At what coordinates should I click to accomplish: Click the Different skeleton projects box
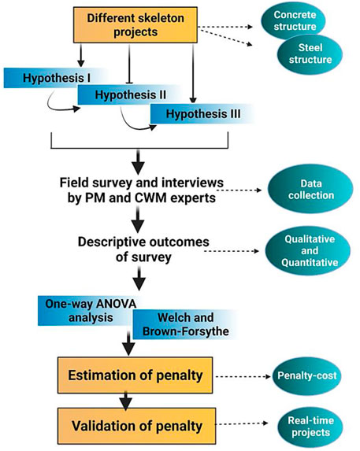tap(135, 25)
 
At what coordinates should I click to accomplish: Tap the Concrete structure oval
tap(293, 20)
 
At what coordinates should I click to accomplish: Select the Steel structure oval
tap(310, 54)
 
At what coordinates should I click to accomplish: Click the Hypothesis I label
tap(56, 78)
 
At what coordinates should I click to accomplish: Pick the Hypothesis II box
tap(130, 94)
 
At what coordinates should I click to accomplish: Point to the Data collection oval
tap(310, 189)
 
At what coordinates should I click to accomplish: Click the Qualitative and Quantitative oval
tap(308, 251)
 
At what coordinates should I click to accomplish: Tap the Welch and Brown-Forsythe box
tap(186, 324)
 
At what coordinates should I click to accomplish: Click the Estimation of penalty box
tap(135, 375)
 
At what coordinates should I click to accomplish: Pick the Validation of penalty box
tap(137, 426)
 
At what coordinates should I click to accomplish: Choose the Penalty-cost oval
tap(306, 375)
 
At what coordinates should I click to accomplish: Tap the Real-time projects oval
tap(310, 427)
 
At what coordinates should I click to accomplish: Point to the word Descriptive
tap(110, 242)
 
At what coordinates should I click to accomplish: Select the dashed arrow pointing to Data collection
tap(239, 190)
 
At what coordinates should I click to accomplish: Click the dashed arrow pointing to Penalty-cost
tap(243, 376)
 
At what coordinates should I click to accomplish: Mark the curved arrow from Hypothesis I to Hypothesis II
tap(60, 103)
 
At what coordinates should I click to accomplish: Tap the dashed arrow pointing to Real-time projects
tap(242, 423)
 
